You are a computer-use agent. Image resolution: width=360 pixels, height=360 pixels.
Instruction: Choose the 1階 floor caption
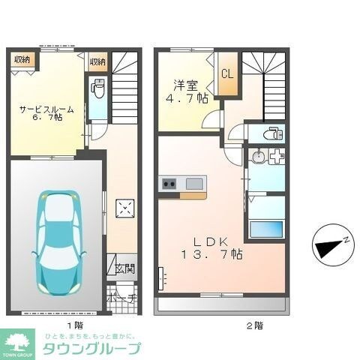click(x=73, y=325)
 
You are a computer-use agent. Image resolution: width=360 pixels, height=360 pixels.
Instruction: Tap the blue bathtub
click(x=266, y=228)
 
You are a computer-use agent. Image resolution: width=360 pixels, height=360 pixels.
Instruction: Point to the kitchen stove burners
click(x=168, y=184)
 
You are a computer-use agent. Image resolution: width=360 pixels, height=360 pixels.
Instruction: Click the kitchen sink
click(x=194, y=184)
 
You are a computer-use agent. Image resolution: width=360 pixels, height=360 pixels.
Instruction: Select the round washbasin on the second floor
click(x=258, y=158)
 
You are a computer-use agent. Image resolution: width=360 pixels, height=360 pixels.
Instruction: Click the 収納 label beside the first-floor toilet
click(x=97, y=61)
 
